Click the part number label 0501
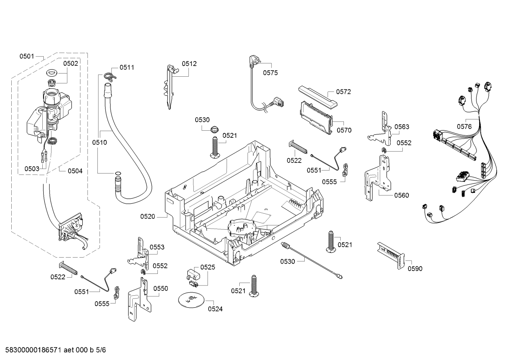tap(26, 56)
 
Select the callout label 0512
tap(189, 64)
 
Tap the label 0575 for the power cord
tap(270, 73)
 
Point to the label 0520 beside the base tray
tap(148, 217)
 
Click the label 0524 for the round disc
tap(215, 309)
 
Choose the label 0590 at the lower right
tap(415, 268)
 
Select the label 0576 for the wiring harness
tap(464, 126)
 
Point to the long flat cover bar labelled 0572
tap(318, 96)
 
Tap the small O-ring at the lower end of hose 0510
tap(118, 174)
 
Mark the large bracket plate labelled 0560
tap(378, 178)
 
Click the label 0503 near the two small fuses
tap(32, 169)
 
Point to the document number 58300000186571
tap(33, 350)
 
